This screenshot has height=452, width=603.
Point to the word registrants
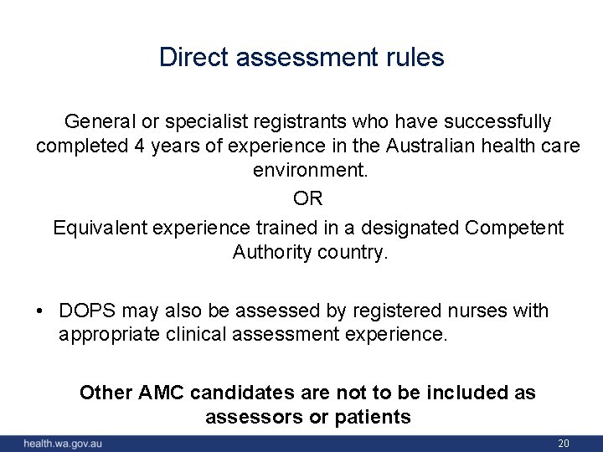pos(294,122)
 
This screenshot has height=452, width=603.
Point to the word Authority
pos(270,251)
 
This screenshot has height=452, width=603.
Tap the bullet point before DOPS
pos(39,311)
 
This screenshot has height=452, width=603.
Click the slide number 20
pos(563,443)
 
